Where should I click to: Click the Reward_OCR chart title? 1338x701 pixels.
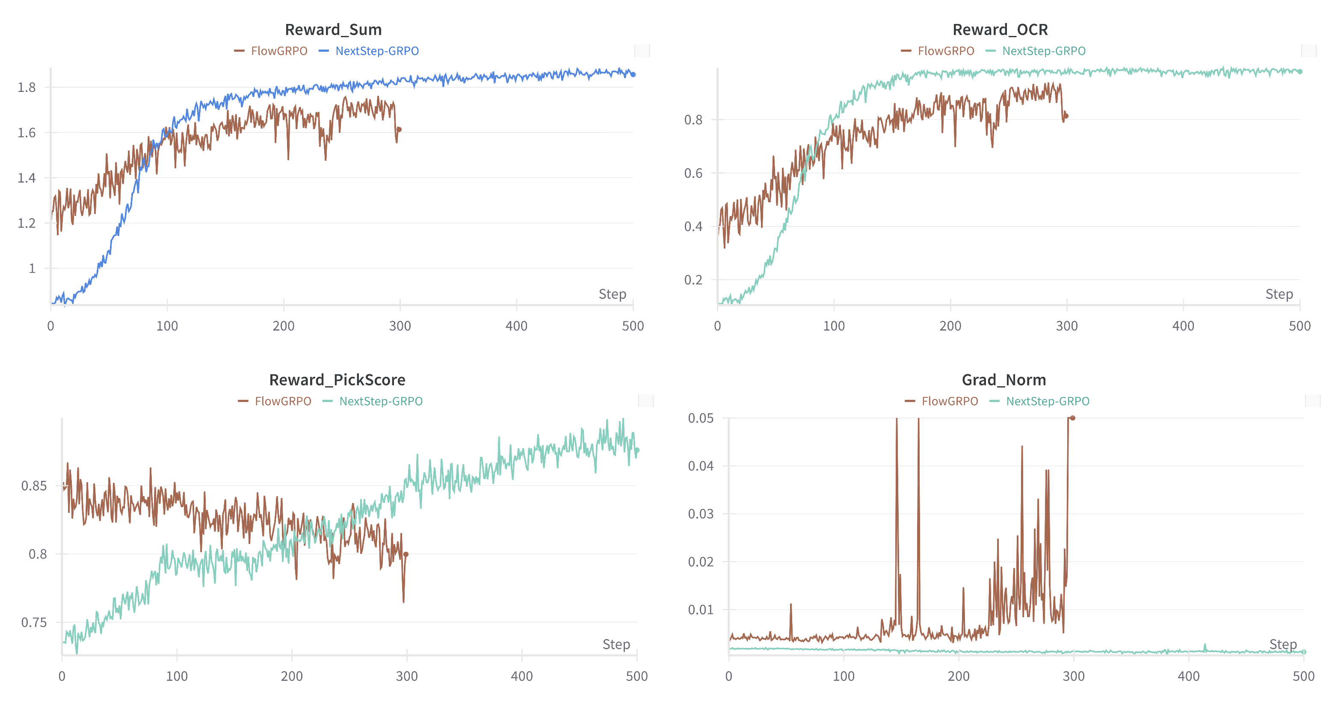pos(1000,30)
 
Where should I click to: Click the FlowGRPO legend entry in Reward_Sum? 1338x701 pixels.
pos(278,51)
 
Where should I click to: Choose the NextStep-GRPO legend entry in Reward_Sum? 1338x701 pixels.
pos(376,51)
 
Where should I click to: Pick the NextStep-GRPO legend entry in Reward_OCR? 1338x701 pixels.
pos(1044,51)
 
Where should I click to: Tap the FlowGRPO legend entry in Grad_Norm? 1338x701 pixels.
pos(949,401)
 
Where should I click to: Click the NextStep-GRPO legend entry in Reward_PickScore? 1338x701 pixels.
pos(380,401)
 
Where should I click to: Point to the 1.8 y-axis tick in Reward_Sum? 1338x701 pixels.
pos(27,87)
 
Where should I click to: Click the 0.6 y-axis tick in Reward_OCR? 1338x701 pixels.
pos(693,173)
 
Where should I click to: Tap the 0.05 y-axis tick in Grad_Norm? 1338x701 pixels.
pos(700,418)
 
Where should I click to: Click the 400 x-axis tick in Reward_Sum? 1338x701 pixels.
pos(516,326)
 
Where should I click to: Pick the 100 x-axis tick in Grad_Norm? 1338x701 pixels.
pos(844,676)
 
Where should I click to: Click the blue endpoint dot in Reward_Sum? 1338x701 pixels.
pos(633,74)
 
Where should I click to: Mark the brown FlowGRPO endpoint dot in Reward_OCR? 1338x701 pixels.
pos(1066,116)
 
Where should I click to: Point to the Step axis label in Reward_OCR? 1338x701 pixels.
pos(1279,294)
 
